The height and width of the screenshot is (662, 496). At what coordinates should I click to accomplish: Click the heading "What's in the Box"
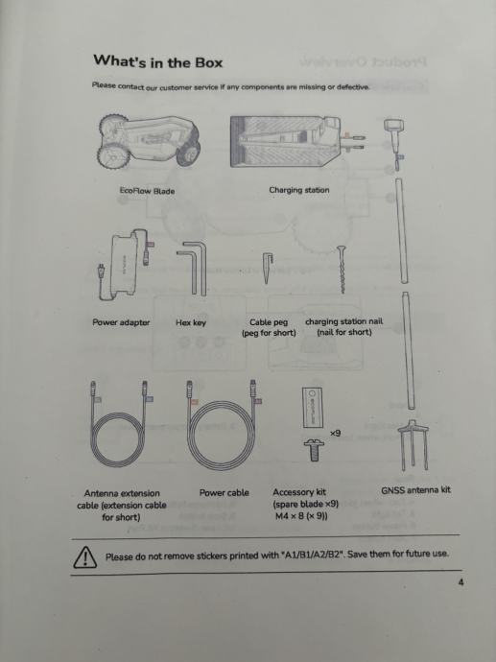(158, 62)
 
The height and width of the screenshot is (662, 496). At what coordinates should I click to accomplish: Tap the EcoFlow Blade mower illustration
(149, 140)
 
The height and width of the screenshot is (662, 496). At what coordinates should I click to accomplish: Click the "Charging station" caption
(299, 190)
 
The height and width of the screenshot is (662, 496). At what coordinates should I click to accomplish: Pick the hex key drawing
(193, 268)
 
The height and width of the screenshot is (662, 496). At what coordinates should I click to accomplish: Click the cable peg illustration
(268, 268)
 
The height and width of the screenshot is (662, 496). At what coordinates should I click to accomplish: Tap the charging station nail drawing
(342, 270)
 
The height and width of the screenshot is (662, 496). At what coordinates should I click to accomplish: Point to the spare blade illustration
(313, 408)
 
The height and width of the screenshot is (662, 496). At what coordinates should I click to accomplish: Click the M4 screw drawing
(314, 450)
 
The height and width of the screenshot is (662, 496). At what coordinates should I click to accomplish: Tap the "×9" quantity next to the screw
(335, 433)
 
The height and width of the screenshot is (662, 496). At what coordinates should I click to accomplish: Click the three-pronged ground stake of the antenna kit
(413, 445)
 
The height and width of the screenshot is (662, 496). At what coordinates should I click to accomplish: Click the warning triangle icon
(84, 556)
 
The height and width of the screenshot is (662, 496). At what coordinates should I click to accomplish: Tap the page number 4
(461, 582)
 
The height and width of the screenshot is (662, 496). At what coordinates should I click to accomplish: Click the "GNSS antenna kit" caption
(415, 490)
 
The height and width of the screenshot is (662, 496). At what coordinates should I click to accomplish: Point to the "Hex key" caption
(191, 323)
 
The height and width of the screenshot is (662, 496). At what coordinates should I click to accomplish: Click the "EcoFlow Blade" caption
(147, 191)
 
